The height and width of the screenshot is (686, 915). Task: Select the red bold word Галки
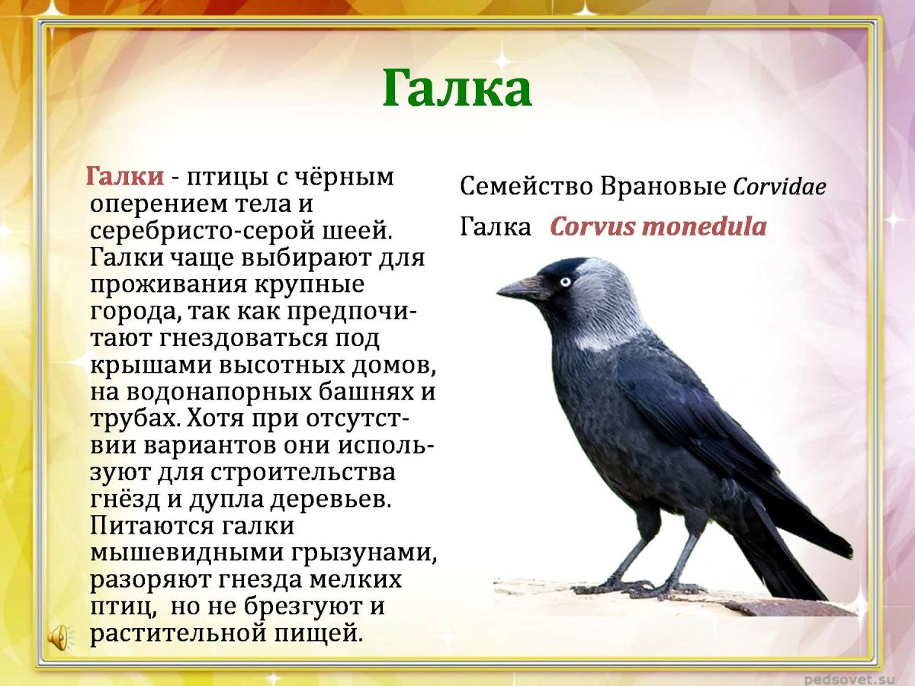coord(124,177)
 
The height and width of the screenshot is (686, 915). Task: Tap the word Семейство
coord(527,186)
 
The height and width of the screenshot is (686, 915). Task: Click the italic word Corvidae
coord(779,187)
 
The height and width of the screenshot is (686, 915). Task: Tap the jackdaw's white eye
coord(564,281)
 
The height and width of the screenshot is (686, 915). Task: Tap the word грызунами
coord(357,553)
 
